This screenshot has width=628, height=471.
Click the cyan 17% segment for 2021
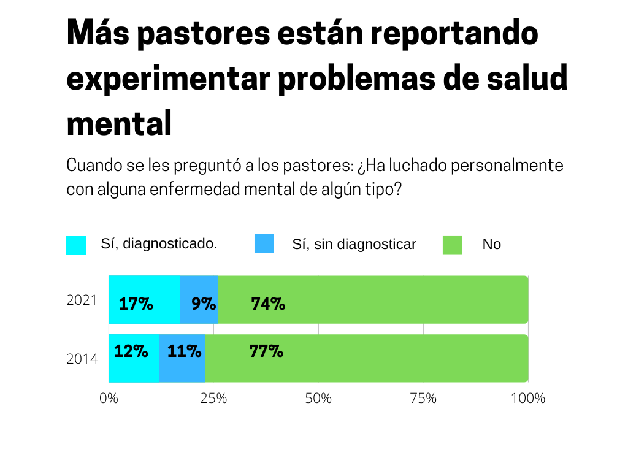click(x=144, y=299)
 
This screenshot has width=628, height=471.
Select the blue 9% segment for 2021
click(x=199, y=299)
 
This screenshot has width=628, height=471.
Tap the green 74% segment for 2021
click(x=373, y=299)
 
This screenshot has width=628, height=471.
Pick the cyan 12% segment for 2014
click(x=134, y=358)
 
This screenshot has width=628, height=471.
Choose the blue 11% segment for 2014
click(x=182, y=358)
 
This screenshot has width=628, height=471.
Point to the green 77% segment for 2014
click(x=367, y=358)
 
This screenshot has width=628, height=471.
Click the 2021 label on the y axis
click(x=82, y=301)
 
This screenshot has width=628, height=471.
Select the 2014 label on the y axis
click(x=82, y=359)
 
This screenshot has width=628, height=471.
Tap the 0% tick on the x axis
click(x=109, y=398)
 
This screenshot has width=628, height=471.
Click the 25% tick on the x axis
click(x=213, y=398)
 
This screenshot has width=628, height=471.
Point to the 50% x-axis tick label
click(x=318, y=398)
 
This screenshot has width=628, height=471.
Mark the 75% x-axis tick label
click(x=423, y=398)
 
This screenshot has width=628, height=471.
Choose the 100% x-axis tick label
click(x=527, y=398)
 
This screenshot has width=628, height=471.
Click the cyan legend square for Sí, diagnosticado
click(x=76, y=245)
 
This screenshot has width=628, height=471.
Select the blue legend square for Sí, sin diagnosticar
click(x=264, y=244)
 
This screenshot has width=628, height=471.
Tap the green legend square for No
click(x=453, y=245)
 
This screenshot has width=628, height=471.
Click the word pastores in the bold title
click(x=204, y=33)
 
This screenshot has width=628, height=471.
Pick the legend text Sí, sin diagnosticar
click(x=354, y=244)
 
